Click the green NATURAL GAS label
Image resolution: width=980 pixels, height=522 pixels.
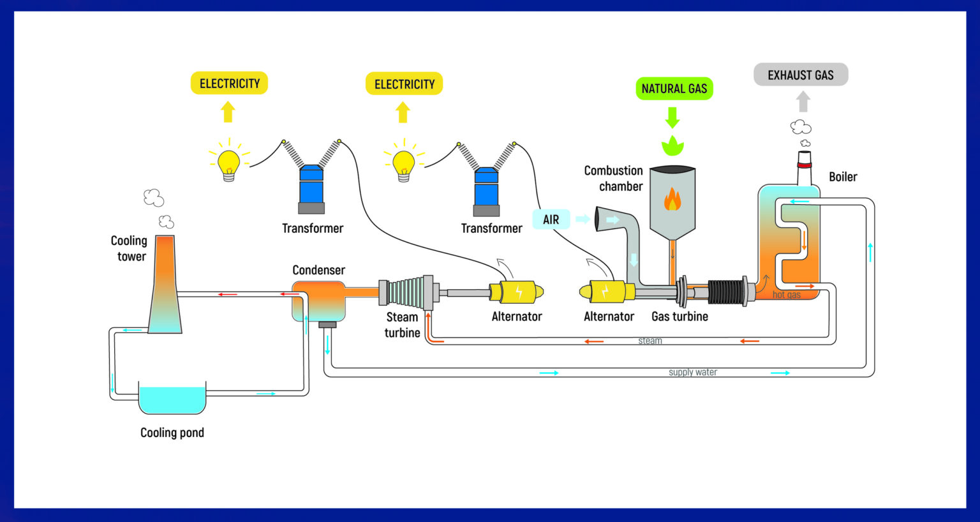674,89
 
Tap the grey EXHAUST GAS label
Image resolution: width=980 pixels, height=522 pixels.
800,75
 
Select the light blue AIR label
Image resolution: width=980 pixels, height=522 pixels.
551,220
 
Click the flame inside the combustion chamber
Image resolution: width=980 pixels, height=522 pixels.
672,199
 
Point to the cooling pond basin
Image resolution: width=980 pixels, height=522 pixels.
172,400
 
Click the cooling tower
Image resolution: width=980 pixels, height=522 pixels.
165,287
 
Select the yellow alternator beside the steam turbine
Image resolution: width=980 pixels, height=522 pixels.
516,292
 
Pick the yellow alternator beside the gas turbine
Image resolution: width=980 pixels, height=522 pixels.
606,292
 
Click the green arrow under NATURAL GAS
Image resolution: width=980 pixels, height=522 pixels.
672,117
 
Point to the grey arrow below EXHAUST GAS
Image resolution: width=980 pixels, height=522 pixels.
803,101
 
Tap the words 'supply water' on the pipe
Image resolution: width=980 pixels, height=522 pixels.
692,372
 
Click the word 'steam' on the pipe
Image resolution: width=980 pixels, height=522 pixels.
650,341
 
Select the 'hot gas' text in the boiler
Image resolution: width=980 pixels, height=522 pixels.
786,295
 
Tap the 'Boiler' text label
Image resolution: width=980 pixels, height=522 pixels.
842,177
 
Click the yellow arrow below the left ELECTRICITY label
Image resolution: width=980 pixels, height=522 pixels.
228,112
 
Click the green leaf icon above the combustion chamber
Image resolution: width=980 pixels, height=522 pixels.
672,145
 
